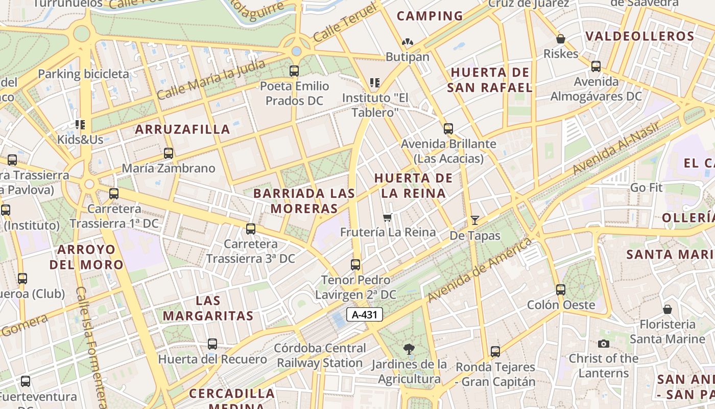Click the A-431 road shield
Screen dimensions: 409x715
[x=365, y=314]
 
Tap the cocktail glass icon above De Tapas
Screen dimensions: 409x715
[x=475, y=220]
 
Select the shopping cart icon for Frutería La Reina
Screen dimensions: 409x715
[x=388, y=218]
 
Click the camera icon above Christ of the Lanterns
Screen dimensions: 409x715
[x=604, y=344]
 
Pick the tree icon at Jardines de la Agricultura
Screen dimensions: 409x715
[x=409, y=349]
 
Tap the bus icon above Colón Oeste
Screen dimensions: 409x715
[x=561, y=290]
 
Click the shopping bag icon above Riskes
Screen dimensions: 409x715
[x=561, y=39]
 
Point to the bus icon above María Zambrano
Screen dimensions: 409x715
[x=169, y=153]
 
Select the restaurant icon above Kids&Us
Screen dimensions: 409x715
[x=80, y=124]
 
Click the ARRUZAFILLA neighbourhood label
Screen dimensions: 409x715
[x=182, y=129]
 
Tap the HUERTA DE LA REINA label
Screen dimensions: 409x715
[x=413, y=186]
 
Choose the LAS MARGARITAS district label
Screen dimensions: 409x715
[x=208, y=308]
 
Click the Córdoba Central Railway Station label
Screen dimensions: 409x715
[x=320, y=355]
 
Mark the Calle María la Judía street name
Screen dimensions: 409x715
[x=211, y=80]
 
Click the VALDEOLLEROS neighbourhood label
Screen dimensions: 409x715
[x=640, y=36]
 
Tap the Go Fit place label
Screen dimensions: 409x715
[x=646, y=188]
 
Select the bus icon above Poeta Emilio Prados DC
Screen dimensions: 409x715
[x=294, y=71]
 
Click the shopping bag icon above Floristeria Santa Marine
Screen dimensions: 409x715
[x=667, y=309]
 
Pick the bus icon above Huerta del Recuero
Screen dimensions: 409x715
[x=212, y=344]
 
